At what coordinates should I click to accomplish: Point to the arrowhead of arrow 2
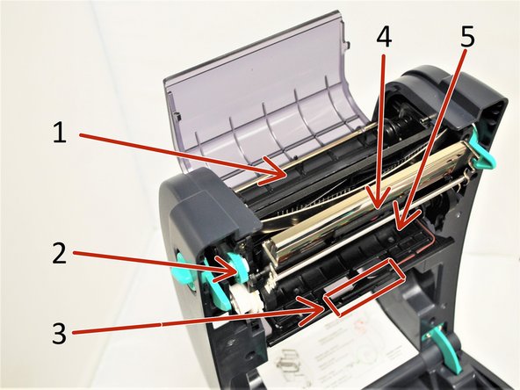(243, 271)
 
